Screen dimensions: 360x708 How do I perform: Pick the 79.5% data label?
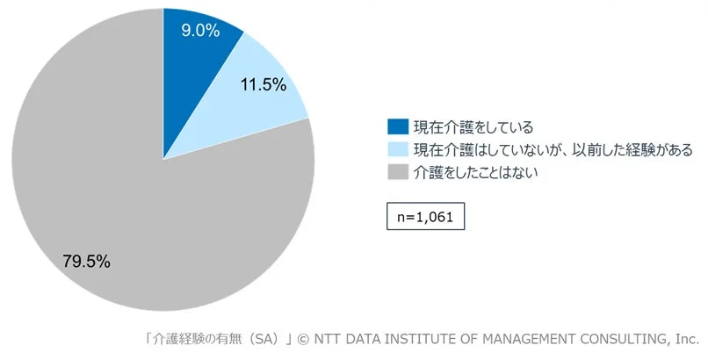coord(86,261)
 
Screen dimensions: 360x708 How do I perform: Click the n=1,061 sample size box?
coord(426,216)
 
